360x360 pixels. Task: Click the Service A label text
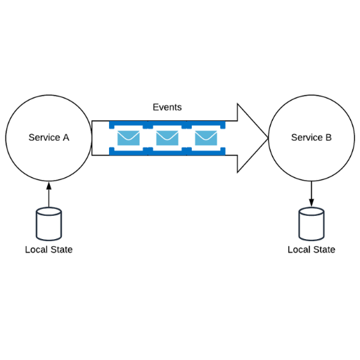click(x=49, y=137)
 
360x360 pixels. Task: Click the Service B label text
click(x=311, y=137)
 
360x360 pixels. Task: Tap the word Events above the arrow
click(x=167, y=107)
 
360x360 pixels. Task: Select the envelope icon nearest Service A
click(x=129, y=138)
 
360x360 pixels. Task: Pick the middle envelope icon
click(x=167, y=138)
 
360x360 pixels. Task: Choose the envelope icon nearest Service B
click(x=206, y=138)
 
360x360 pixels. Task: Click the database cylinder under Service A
click(x=49, y=224)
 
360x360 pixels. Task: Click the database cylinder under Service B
click(x=311, y=224)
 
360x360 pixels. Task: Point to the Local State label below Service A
click(x=49, y=250)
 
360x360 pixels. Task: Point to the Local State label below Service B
click(x=311, y=250)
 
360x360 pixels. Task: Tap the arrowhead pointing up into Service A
click(x=49, y=186)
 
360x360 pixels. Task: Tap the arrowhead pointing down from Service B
click(x=311, y=202)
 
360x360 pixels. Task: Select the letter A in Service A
click(x=66, y=137)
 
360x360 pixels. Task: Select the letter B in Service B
click(x=328, y=137)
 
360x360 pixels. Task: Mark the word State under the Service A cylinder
click(x=62, y=250)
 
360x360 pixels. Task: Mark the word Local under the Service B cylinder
click(x=299, y=250)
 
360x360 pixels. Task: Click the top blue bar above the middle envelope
click(x=167, y=124)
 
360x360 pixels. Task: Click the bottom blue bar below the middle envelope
click(x=167, y=153)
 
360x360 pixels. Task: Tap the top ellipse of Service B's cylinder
click(x=311, y=211)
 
